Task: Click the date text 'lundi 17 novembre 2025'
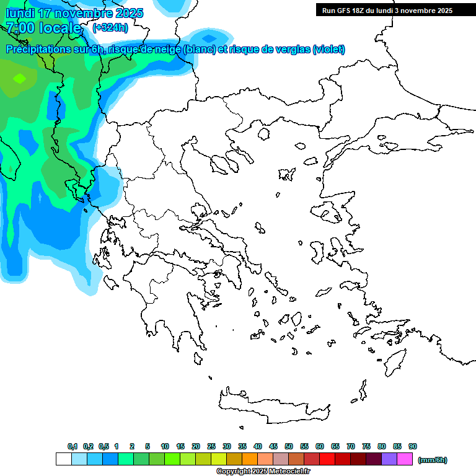click(x=74, y=13)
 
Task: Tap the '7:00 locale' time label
click(x=43, y=28)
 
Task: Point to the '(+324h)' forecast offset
click(x=110, y=27)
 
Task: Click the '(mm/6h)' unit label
click(x=432, y=460)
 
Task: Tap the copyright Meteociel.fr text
click(x=263, y=472)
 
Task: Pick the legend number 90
click(x=413, y=446)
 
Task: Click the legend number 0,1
click(x=72, y=446)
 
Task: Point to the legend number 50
click(x=289, y=446)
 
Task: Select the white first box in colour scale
click(x=63, y=459)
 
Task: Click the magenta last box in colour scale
click(x=405, y=459)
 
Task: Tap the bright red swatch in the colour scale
click(x=327, y=459)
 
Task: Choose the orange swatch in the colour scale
click(x=250, y=459)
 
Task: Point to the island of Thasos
click(x=265, y=133)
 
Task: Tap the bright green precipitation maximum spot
click(x=20, y=78)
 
